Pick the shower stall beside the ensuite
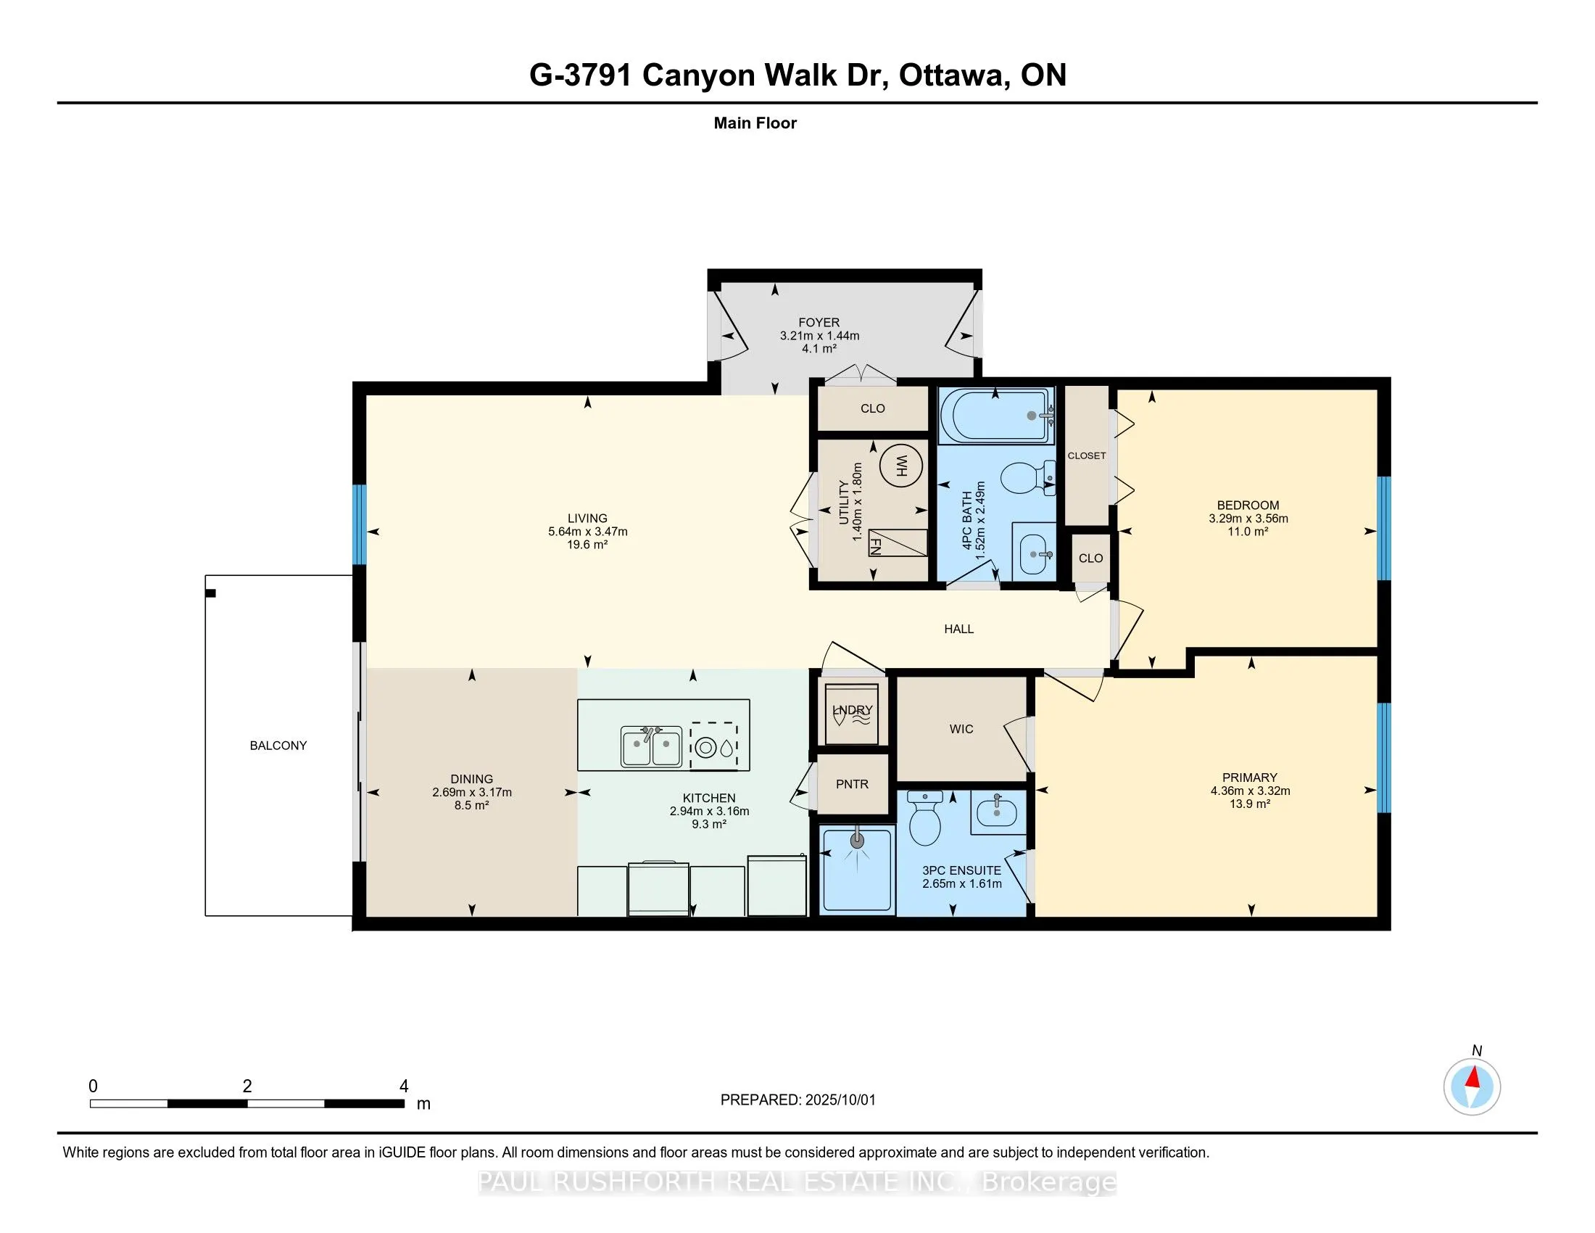coord(857,868)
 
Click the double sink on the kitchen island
coord(652,746)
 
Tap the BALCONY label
coord(278,745)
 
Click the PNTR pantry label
coord(853,784)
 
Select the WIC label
coord(961,728)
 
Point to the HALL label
coord(959,629)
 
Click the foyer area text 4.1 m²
coord(819,348)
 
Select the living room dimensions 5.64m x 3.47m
coord(588,532)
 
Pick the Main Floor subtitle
coord(755,123)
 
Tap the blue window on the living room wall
coord(360,525)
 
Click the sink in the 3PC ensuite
coord(997,812)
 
